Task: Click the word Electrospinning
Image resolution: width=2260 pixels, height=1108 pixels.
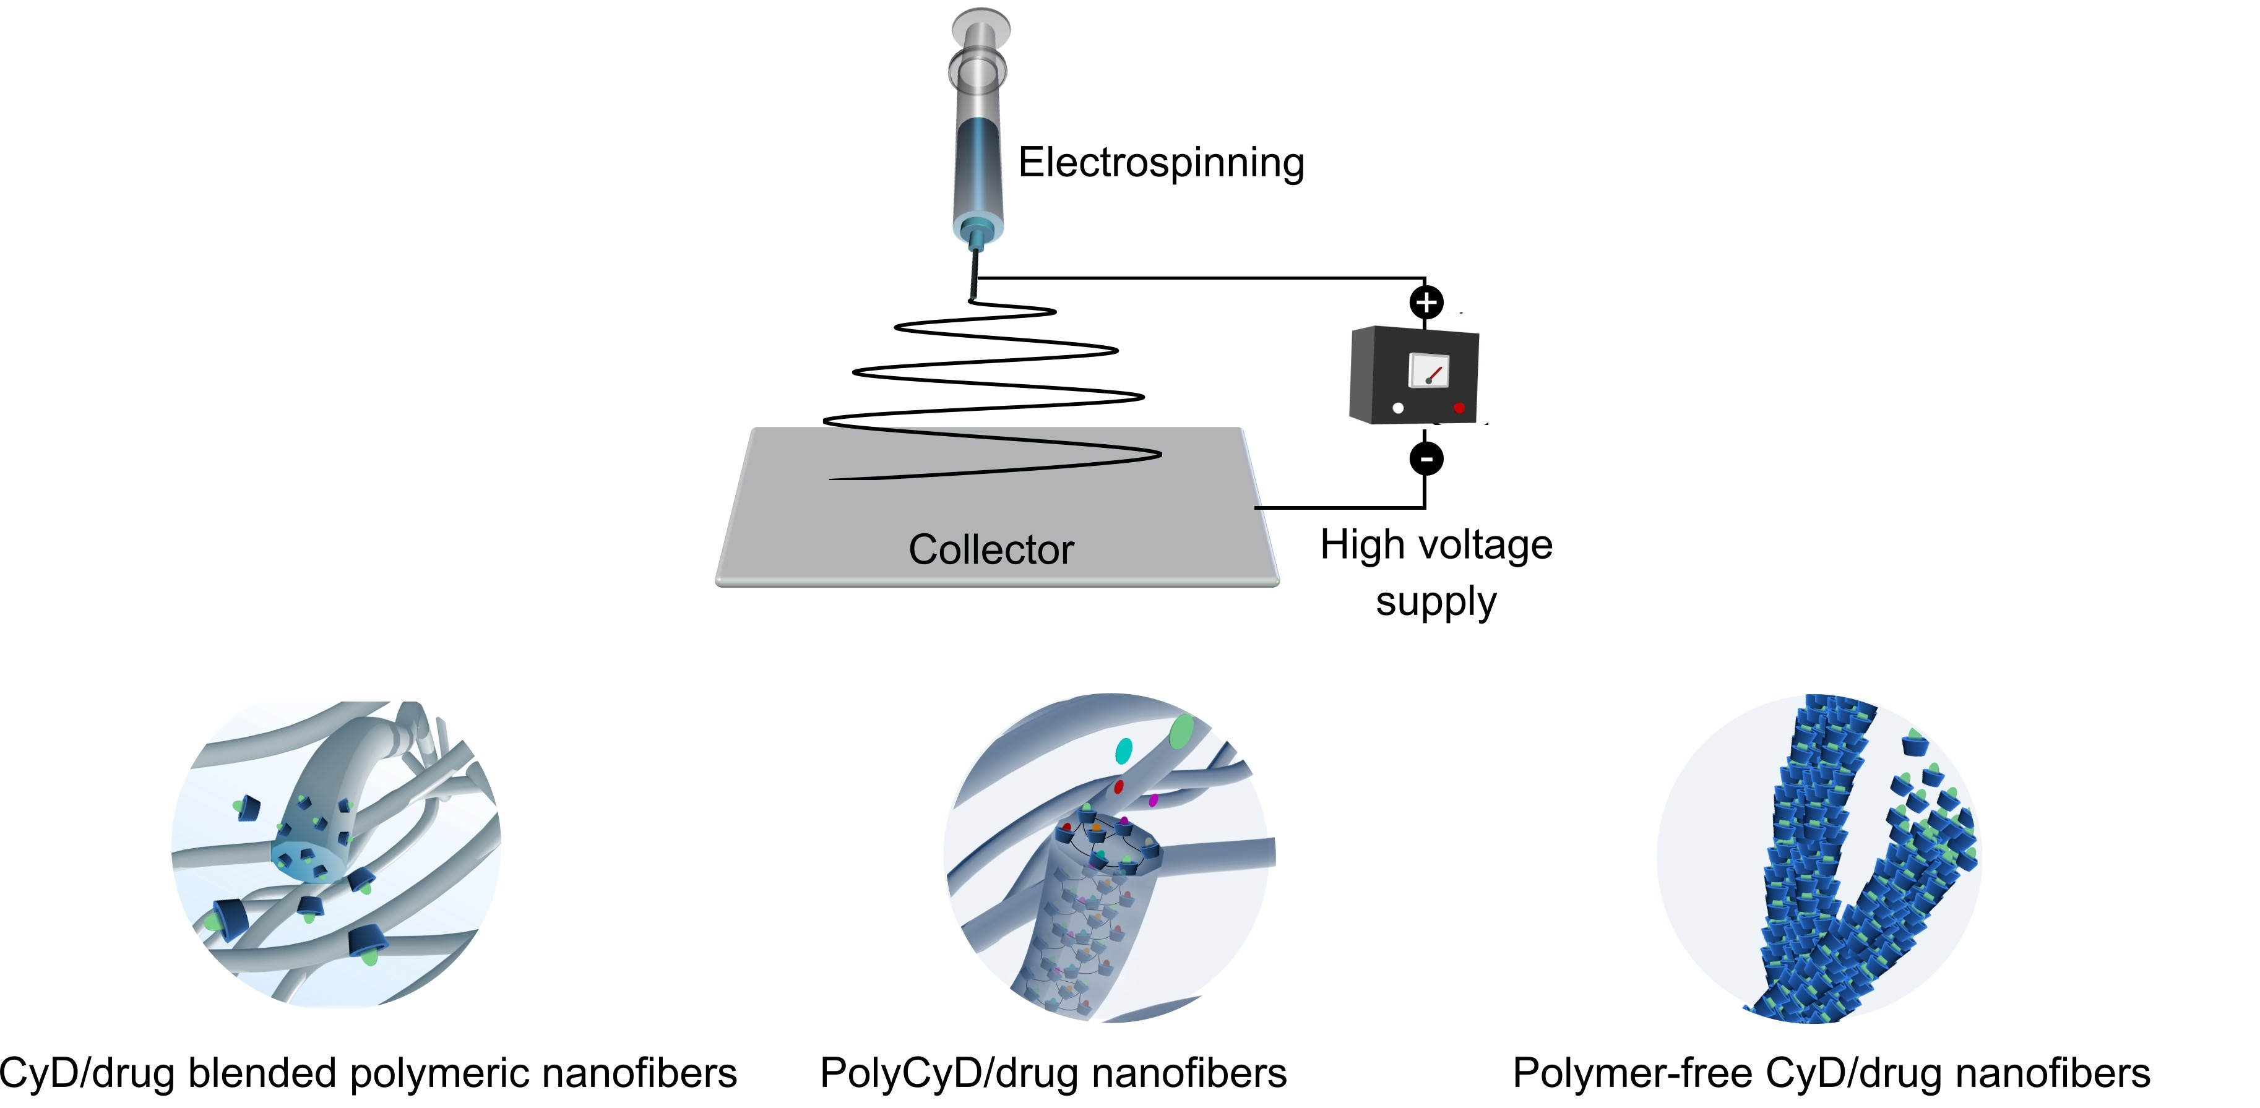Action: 1161,163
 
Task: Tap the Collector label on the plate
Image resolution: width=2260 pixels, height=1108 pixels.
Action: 991,550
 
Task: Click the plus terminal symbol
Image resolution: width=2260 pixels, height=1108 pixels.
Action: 1426,303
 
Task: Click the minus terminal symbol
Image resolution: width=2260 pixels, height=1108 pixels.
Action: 1426,458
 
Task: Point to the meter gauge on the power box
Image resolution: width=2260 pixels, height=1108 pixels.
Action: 1428,370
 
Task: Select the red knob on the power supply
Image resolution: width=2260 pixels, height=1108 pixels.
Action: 1459,408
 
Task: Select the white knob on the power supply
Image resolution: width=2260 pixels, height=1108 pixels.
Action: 1397,408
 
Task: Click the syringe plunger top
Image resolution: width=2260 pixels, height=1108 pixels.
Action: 980,25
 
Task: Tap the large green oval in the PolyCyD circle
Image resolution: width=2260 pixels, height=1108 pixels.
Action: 1181,730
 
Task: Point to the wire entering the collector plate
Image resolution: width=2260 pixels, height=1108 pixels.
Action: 1263,507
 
